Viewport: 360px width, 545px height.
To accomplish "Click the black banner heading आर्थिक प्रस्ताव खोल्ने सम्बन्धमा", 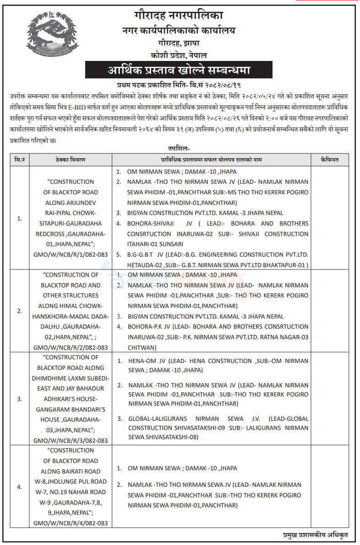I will (x=179, y=71).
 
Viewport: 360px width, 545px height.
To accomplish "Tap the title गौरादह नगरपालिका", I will (x=179, y=17).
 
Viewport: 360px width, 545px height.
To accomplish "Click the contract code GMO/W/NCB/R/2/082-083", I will (x=71, y=348).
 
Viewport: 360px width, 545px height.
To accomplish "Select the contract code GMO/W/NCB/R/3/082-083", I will (x=71, y=440).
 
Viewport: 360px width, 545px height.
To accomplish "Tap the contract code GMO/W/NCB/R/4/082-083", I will (x=71, y=523).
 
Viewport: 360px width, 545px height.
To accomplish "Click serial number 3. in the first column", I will (x=20, y=399).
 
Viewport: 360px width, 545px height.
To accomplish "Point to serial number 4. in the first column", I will (x=20, y=487).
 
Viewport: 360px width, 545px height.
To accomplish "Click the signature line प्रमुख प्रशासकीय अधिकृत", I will (x=316, y=535).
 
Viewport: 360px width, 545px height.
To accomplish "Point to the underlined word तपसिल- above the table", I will (x=179, y=149).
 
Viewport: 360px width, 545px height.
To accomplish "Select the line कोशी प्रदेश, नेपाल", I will (x=179, y=55).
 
